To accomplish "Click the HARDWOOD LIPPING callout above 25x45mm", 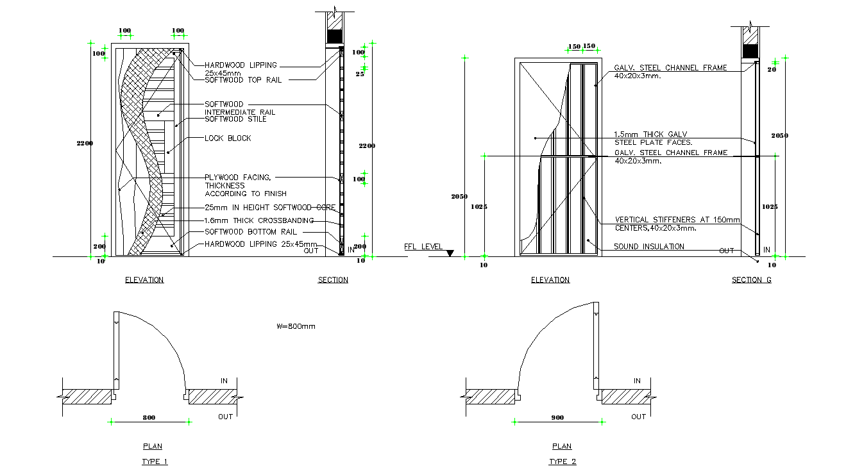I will click(x=241, y=65).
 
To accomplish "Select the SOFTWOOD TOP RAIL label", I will click(x=243, y=80).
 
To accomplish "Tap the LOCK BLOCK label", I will click(x=228, y=138).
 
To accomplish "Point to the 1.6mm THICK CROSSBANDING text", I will click(x=259, y=220).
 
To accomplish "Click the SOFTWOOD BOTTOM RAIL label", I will click(x=251, y=232).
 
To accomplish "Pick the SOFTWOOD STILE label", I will click(x=235, y=119).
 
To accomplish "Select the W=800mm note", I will click(x=296, y=326).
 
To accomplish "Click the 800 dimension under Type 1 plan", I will click(x=149, y=417).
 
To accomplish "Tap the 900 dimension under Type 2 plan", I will click(x=557, y=417).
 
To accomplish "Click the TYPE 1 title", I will click(x=155, y=461).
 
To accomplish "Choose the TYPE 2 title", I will click(x=563, y=461).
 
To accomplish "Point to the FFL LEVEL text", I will click(x=423, y=247).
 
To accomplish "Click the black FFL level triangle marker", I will click(x=450, y=254).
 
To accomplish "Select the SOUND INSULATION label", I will click(x=649, y=247).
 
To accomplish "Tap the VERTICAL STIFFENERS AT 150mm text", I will click(x=677, y=220).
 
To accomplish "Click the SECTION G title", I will click(x=751, y=280).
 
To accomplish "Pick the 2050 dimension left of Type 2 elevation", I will click(x=459, y=197).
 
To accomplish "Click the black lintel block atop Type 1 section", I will click(x=335, y=36).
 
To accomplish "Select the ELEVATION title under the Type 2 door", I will click(x=550, y=280).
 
